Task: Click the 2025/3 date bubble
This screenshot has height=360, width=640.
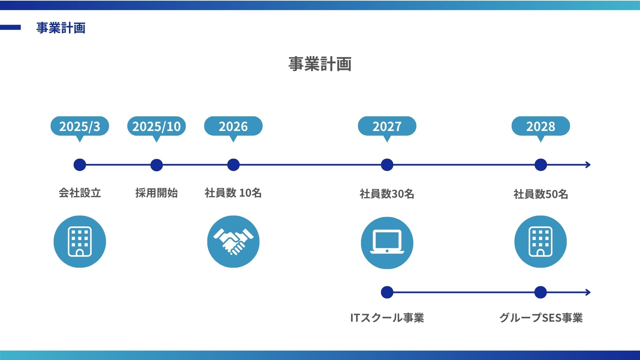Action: tap(80, 126)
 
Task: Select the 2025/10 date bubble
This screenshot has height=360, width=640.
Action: tap(156, 126)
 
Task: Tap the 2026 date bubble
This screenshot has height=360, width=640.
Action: tap(233, 126)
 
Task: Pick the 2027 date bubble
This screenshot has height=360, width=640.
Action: tap(387, 126)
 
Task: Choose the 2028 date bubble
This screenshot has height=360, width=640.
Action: tap(541, 126)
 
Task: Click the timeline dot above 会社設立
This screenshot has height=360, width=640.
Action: tap(80, 165)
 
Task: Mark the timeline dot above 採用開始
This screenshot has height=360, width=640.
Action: tap(156, 165)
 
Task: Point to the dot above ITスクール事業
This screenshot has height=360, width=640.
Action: tap(387, 292)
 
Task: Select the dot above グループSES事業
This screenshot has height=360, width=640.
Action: tap(540, 292)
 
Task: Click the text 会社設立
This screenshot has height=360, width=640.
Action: tap(80, 193)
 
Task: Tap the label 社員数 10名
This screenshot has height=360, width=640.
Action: tap(233, 193)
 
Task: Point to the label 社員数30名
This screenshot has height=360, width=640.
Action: tap(387, 194)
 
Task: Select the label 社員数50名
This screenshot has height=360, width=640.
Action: tap(541, 194)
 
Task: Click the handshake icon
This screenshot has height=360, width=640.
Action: tap(233, 242)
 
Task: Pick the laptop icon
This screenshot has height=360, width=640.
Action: tap(387, 243)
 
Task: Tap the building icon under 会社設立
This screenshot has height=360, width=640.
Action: tap(80, 242)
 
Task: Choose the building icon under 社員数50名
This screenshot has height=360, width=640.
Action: tap(540, 242)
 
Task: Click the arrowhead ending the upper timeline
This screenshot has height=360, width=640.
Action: tap(588, 165)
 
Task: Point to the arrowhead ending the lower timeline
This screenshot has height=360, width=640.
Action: tap(588, 292)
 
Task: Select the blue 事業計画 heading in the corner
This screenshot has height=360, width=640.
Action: tap(61, 28)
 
